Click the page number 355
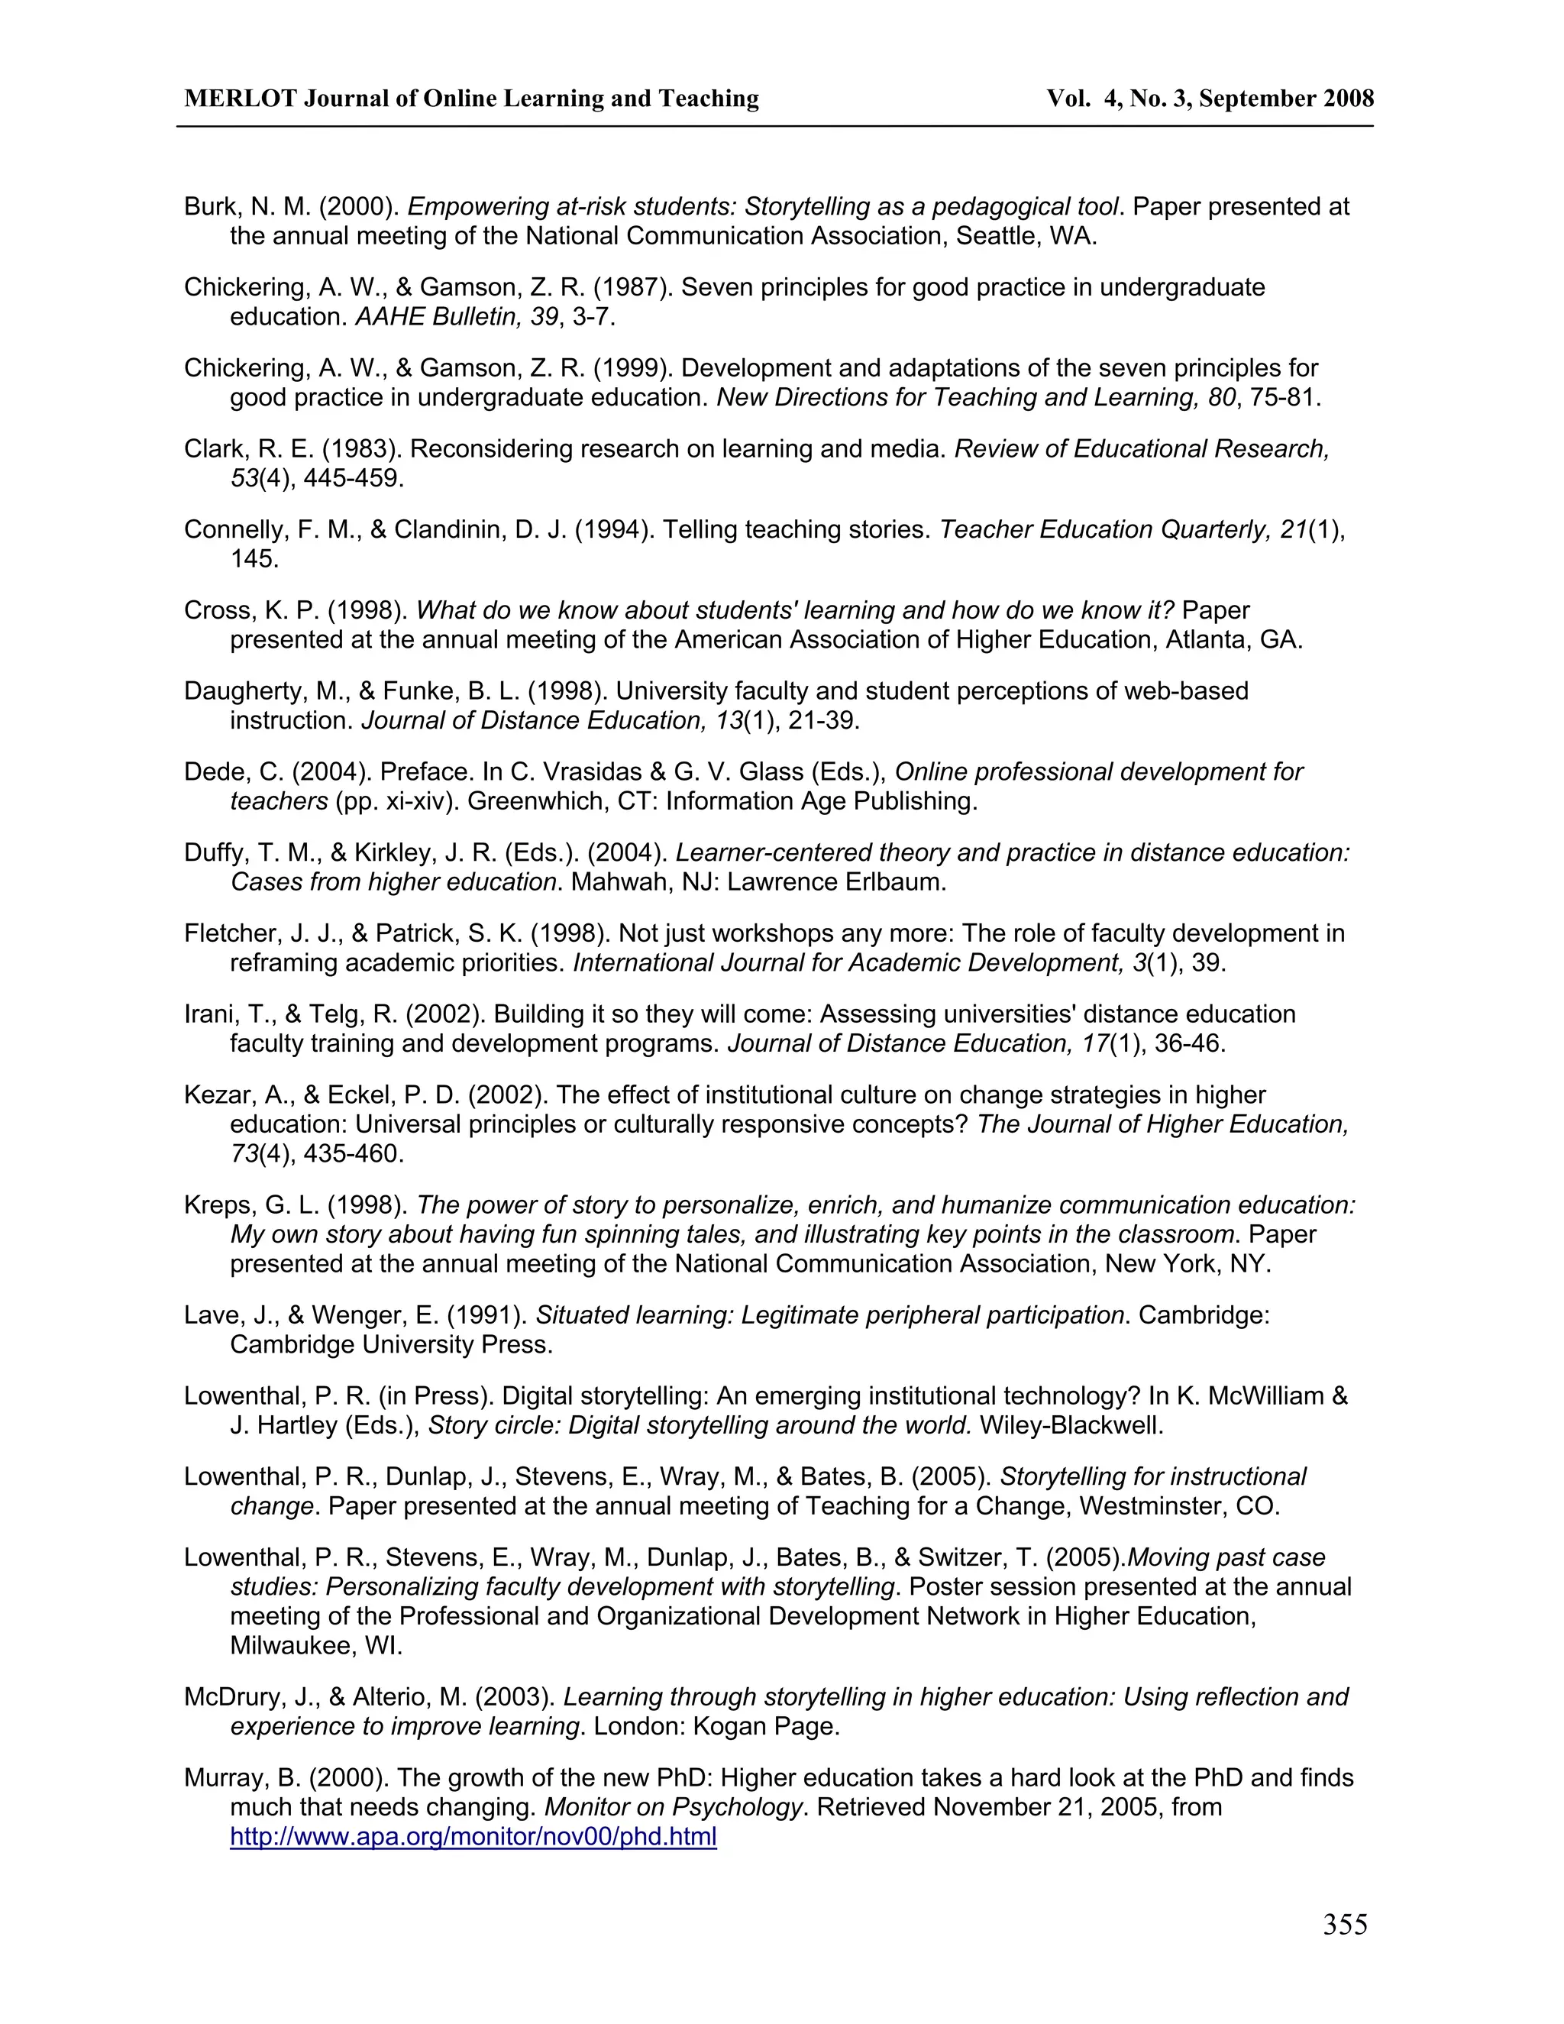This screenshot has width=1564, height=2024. pyautogui.click(x=1344, y=1925)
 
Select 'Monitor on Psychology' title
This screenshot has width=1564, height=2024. pyautogui.click(x=673, y=1807)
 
